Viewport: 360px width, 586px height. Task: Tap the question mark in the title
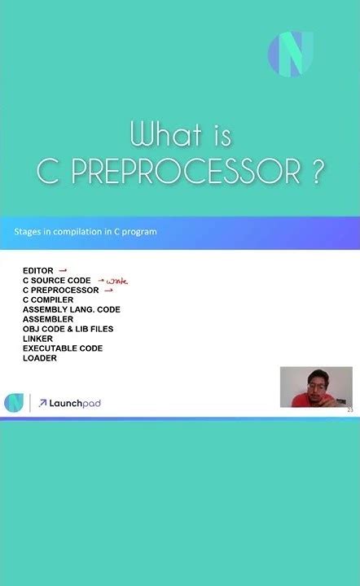(x=316, y=171)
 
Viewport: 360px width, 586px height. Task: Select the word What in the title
(x=169, y=133)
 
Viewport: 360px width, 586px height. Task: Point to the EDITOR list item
(x=37, y=270)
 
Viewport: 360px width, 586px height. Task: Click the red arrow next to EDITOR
(x=63, y=270)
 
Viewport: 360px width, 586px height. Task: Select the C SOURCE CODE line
(x=57, y=280)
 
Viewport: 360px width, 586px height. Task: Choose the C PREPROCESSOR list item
(x=61, y=290)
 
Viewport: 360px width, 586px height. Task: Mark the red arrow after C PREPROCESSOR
(x=108, y=290)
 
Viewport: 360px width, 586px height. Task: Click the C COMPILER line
(x=48, y=300)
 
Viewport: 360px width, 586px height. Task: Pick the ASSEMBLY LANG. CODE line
(x=72, y=309)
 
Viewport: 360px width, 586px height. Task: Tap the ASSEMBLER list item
(x=48, y=319)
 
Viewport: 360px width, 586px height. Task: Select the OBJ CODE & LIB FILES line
(x=68, y=329)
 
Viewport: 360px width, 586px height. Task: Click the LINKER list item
(x=38, y=339)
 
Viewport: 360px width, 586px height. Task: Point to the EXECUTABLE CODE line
(x=63, y=348)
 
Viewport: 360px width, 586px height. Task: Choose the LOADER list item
(x=40, y=358)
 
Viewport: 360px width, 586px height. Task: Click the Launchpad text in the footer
(x=75, y=403)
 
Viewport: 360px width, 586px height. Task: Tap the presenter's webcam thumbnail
(x=316, y=387)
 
